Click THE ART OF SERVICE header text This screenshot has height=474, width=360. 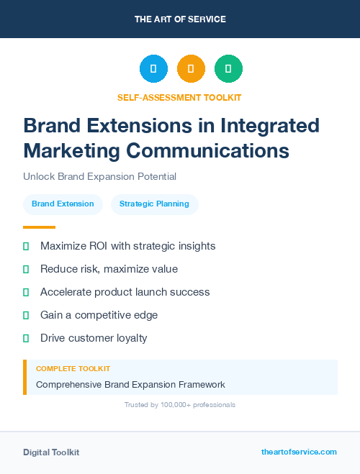click(180, 19)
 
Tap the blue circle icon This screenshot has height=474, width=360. click(153, 69)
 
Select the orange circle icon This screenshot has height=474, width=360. click(191, 69)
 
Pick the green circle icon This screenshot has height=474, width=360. click(228, 69)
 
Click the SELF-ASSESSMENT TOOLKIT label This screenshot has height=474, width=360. click(179, 97)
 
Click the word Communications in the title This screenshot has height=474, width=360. click(208, 151)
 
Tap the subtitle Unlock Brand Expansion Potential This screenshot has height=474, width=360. click(99, 176)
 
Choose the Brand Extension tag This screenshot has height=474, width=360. click(63, 204)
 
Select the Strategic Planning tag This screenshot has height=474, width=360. click(154, 204)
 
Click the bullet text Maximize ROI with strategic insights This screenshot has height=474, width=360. click(127, 246)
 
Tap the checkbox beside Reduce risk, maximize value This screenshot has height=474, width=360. click(26, 269)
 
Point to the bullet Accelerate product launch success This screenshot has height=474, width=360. click(125, 292)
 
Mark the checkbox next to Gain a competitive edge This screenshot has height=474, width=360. click(26, 315)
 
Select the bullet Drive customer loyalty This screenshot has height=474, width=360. click(94, 338)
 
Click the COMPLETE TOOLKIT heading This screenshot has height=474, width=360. click(73, 368)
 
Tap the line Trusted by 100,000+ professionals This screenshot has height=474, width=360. click(179, 405)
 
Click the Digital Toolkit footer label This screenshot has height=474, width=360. click(51, 452)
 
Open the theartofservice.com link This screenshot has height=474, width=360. click(299, 452)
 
